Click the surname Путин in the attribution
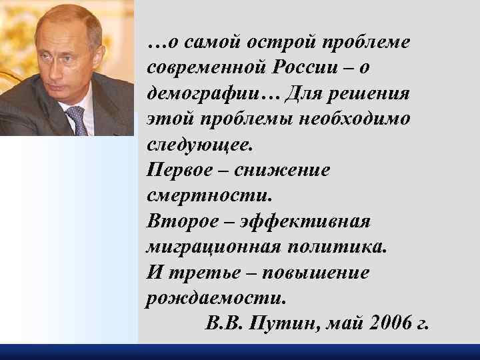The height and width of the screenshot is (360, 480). tap(277, 324)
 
